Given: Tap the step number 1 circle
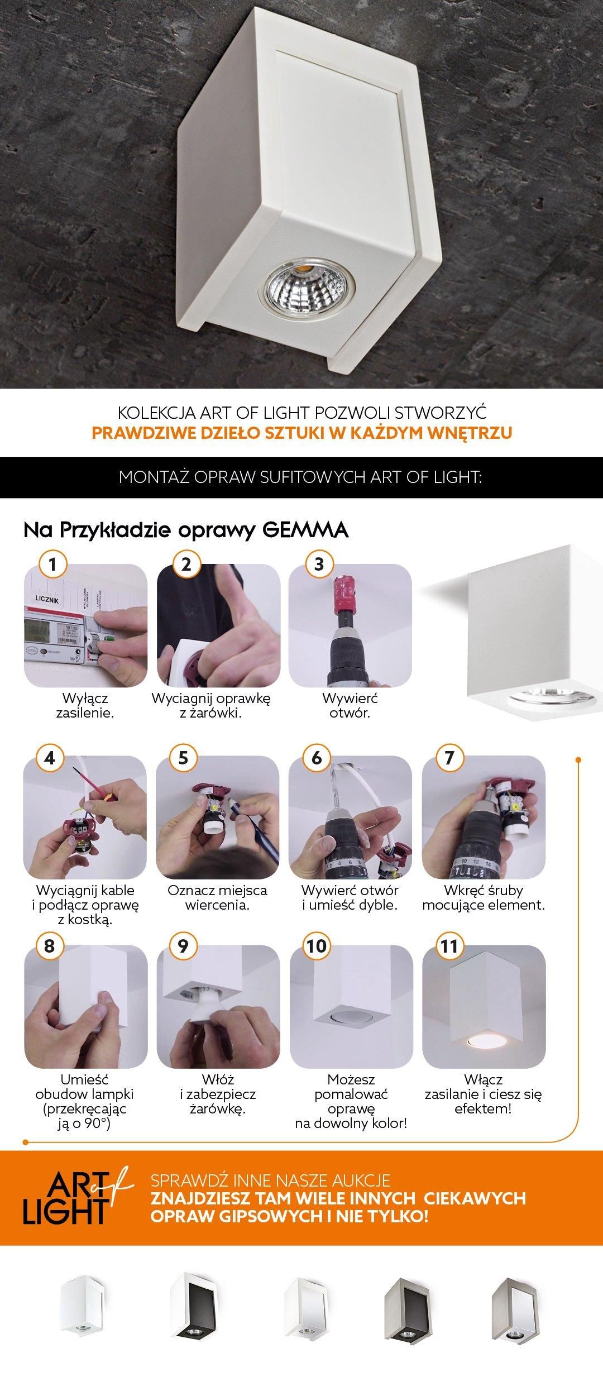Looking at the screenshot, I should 53,564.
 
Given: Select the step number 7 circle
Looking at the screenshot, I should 449,758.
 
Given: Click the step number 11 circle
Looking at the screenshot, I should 449,946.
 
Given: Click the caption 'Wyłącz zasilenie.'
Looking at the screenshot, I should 85,705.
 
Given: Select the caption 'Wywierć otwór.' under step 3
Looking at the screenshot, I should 350,705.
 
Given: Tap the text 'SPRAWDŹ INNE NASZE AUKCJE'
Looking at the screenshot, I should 270,1180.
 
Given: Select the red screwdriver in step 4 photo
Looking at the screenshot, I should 100,794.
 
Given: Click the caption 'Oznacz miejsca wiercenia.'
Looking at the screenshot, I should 217,897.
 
